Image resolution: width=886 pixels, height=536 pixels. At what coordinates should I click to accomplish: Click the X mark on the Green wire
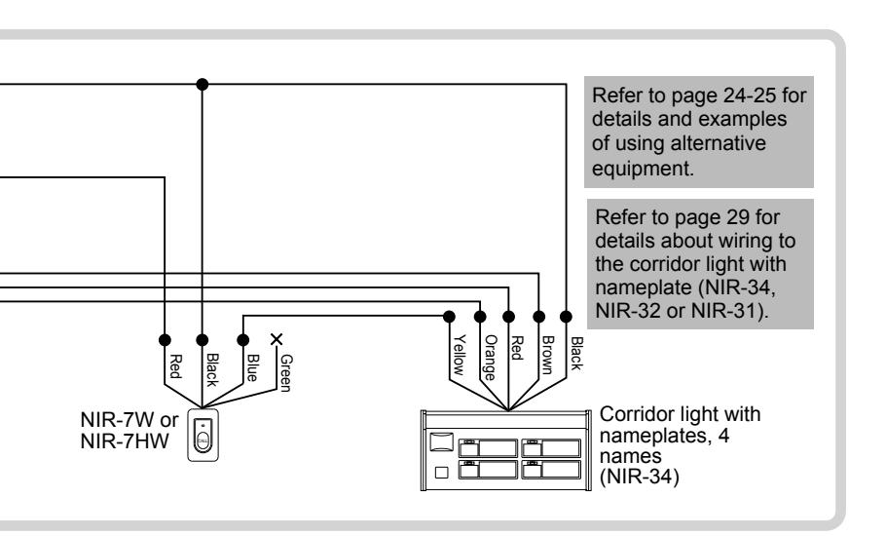tap(277, 339)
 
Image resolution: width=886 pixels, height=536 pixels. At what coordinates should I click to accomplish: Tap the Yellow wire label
tap(460, 355)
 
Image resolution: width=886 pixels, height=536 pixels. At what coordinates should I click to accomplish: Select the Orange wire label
tap(490, 358)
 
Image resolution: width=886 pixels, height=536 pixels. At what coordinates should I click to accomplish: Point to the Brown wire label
tap(547, 355)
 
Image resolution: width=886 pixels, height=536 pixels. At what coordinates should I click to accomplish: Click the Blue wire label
tap(252, 367)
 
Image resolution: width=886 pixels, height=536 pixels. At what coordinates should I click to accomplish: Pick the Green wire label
tap(286, 372)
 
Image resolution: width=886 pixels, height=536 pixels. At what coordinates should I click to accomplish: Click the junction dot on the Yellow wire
tap(449, 316)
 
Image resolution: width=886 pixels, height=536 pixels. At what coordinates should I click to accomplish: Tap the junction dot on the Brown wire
tap(539, 316)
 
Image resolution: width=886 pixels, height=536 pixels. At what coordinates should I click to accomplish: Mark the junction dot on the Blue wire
tap(243, 340)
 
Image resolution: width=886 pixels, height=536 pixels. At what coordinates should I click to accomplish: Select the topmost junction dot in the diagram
tap(203, 84)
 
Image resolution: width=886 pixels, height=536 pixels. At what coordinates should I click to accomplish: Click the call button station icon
tap(203, 436)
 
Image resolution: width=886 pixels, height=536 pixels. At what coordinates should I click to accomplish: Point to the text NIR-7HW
tap(125, 441)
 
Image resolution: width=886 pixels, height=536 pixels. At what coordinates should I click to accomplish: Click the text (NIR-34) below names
tap(639, 477)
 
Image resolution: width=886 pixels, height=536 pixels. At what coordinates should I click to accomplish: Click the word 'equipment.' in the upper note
tap(643, 169)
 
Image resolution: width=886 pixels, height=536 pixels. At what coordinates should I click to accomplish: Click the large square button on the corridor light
tap(442, 441)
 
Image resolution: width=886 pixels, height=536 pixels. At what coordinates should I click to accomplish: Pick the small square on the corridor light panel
tap(441, 472)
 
